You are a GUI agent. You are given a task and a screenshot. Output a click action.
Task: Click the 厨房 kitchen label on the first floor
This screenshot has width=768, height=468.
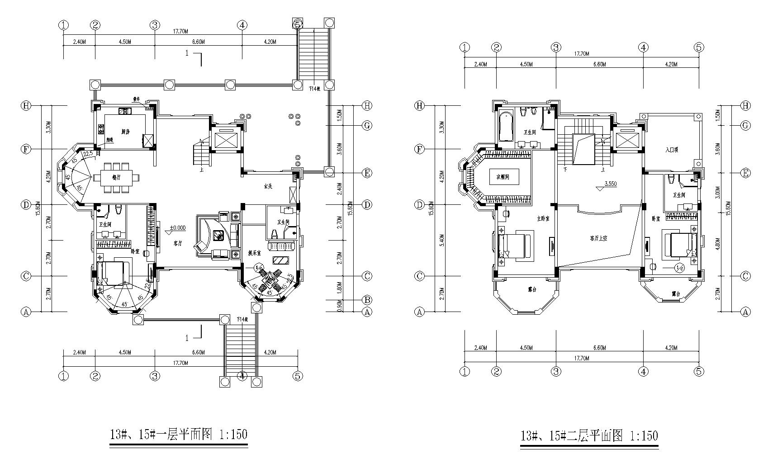coord(126,132)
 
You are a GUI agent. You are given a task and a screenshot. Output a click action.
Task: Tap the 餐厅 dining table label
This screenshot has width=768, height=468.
coord(116,178)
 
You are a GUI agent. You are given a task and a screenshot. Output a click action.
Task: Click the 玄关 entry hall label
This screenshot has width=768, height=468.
coord(268,186)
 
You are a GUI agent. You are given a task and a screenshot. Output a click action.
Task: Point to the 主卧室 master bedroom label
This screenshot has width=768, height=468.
coord(543,218)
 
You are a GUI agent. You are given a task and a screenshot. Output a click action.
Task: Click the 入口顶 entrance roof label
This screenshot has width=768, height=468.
coord(671,150)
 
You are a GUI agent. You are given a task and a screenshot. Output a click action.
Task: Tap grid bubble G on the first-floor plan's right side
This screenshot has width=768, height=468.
coord(367,126)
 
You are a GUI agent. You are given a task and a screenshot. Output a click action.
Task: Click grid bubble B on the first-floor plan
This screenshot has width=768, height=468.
coord(367,300)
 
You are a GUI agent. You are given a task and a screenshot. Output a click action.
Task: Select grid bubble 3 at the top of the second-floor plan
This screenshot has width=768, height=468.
coord(556,47)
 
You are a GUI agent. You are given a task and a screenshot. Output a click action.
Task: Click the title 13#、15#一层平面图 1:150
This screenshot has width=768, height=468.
coord(179,435)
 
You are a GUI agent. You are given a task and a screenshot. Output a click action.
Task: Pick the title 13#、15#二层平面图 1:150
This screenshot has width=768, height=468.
coord(589,436)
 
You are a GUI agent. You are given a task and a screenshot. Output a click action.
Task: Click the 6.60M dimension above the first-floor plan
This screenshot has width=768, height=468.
coord(199,42)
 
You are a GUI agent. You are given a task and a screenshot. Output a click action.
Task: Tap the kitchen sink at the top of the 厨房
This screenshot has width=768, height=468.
coord(125,111)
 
